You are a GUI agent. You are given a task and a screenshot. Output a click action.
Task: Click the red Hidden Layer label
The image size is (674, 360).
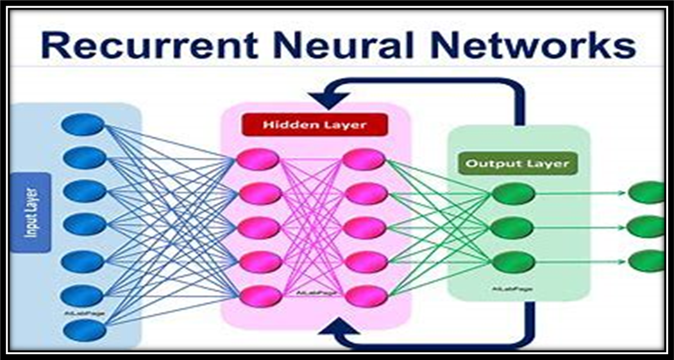click(314, 124)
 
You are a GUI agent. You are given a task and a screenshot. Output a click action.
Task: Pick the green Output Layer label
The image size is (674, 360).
click(517, 163)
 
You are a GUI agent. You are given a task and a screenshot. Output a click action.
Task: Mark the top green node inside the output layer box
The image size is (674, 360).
click(514, 193)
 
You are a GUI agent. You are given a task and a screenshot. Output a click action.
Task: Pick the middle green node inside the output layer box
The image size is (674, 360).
click(514, 227)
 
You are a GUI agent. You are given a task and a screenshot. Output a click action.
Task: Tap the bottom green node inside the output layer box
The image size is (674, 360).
click(514, 261)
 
